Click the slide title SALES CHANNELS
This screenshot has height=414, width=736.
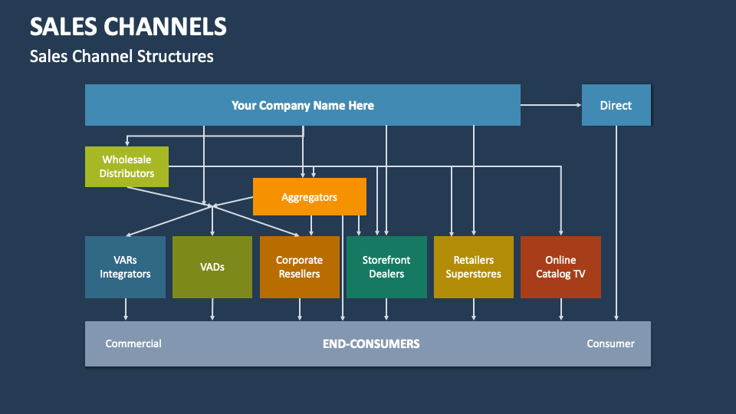tap(128, 27)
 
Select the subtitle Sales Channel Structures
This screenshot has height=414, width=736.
tap(121, 56)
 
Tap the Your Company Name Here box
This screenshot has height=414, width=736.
tap(302, 105)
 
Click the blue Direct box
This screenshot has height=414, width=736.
tap(616, 105)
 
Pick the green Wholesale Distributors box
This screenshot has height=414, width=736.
tap(127, 166)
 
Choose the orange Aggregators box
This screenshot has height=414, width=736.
tap(309, 197)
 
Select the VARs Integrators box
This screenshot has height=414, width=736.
tap(125, 267)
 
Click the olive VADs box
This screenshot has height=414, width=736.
tap(212, 267)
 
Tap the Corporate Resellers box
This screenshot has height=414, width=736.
tap(299, 267)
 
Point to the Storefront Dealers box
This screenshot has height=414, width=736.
tap(386, 267)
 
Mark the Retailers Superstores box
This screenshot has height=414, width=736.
tap(473, 267)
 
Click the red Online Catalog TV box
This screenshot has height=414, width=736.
tap(560, 267)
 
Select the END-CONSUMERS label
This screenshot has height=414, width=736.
tap(371, 343)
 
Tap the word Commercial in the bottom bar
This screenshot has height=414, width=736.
tap(133, 343)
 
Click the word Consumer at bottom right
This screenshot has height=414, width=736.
tap(610, 343)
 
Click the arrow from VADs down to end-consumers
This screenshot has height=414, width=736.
tap(212, 310)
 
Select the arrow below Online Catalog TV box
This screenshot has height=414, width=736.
tap(561, 310)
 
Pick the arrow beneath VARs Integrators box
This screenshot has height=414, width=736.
tap(126, 310)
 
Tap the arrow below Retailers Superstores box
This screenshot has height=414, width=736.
tap(474, 310)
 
